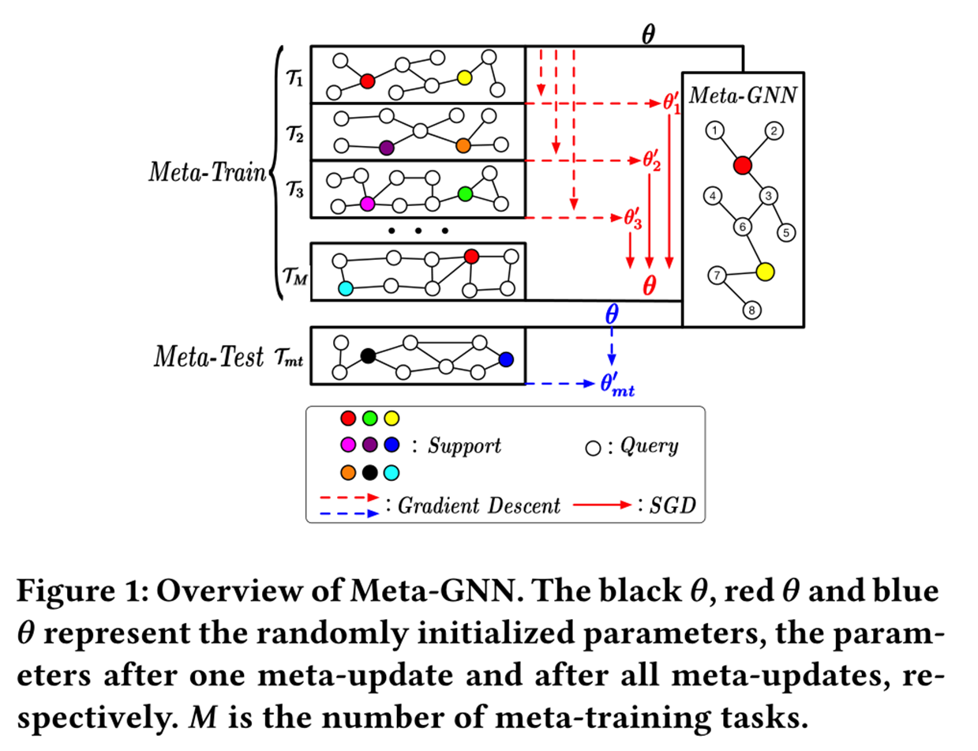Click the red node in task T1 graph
coord(366,81)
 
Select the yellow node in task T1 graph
coord(464,77)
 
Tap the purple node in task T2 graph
coord(386,147)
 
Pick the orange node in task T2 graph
coord(463,145)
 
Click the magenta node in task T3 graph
coord(366,204)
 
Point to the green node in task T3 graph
coord(465,193)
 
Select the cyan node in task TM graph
coord(345,288)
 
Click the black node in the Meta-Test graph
coord(367,356)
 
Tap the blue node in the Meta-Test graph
coord(506,359)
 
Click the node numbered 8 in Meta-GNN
coord(752,311)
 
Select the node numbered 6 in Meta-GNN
coord(741,226)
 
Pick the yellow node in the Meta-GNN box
coord(763,272)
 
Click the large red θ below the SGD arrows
coord(649,285)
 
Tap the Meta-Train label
coord(208,172)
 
